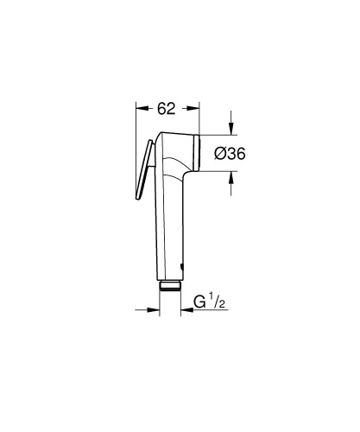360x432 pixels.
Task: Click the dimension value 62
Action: tap(167, 108)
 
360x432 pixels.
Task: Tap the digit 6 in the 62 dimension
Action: tap(161, 108)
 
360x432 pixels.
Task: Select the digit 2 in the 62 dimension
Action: tap(174, 108)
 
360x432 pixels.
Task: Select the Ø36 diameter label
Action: tap(231, 153)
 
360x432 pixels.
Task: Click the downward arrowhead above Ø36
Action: tap(232, 130)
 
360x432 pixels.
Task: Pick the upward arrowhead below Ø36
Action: tap(232, 176)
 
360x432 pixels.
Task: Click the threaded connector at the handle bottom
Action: tap(169, 285)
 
